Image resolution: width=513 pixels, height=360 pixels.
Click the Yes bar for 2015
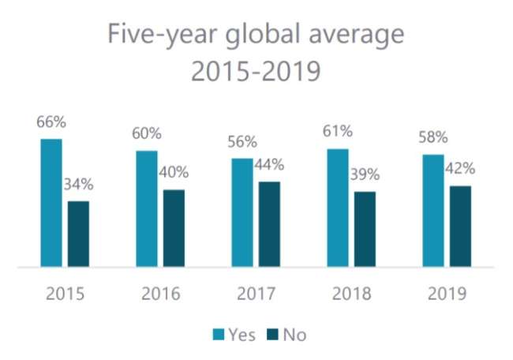tap(51, 204)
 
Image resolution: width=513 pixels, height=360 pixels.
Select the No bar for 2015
tap(78, 234)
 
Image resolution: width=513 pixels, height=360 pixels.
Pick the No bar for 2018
tap(365, 230)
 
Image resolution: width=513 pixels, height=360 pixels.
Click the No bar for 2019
tap(460, 227)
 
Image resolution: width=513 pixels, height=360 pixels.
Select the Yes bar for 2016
tap(146, 209)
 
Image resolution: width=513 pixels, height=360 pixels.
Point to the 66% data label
tap(51, 123)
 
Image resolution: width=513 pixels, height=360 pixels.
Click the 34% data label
tap(78, 186)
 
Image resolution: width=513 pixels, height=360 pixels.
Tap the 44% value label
tap(268, 166)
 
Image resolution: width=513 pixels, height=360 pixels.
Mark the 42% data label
tap(460, 169)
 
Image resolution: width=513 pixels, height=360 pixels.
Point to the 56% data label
tap(241, 142)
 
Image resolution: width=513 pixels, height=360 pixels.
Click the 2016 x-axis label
tap(161, 294)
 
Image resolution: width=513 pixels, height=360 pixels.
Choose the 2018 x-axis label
tap(351, 294)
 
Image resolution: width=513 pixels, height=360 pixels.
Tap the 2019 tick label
tap(447, 294)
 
